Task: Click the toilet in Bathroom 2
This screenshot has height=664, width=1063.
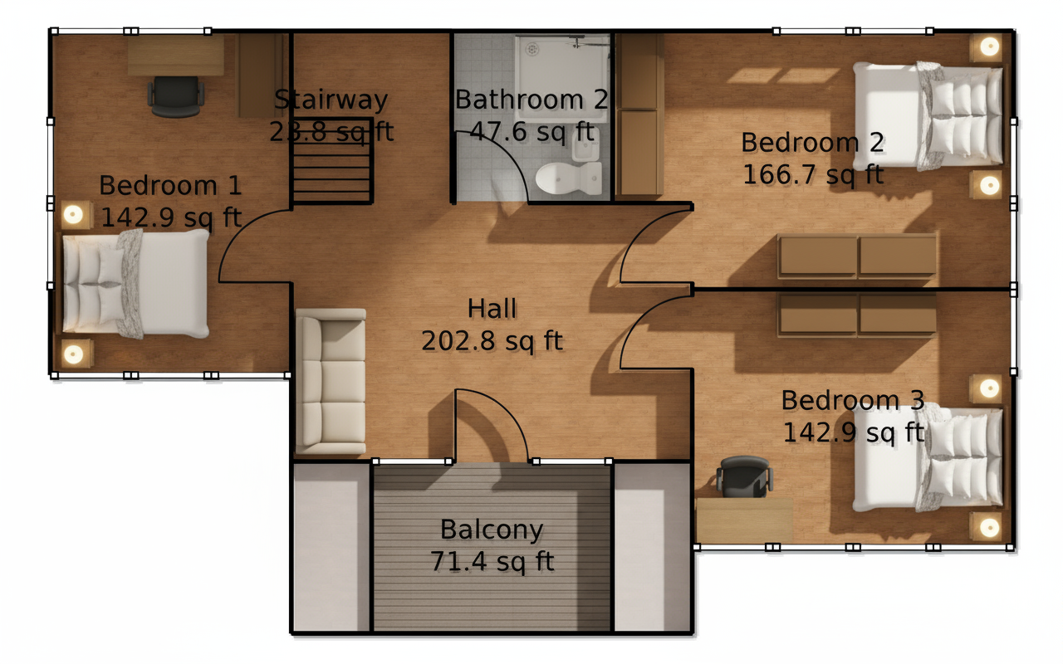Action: coord(569,178)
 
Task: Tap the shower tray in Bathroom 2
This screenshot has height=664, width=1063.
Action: coord(563,79)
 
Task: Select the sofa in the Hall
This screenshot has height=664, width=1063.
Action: coord(331,381)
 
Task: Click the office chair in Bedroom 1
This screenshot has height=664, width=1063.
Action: coord(176,96)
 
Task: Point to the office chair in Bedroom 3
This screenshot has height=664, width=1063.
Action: coord(745,477)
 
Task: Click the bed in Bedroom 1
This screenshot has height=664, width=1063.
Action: coord(136,284)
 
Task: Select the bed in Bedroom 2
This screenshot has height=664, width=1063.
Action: coord(928,115)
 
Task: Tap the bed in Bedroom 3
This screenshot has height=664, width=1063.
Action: coord(928,457)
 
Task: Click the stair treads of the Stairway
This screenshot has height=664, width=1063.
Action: coord(331,161)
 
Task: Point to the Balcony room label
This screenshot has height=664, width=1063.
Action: coord(492,530)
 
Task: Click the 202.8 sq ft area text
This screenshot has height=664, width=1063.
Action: coord(492,341)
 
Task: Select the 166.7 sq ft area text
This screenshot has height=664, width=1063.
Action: coord(813,174)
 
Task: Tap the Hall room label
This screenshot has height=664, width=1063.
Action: coord(492,309)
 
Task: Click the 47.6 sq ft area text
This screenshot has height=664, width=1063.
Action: coord(532,131)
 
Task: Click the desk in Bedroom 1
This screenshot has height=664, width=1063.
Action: coord(175,56)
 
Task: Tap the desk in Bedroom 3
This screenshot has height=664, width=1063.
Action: coord(744,520)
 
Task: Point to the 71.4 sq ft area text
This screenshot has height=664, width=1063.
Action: coord(492,562)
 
